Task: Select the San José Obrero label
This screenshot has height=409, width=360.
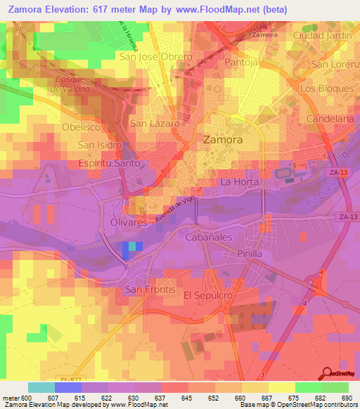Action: tap(155, 57)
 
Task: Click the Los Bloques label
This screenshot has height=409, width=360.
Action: tap(326, 89)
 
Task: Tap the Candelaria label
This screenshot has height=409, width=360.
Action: tap(330, 119)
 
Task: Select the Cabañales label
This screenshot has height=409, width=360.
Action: tap(208, 238)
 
